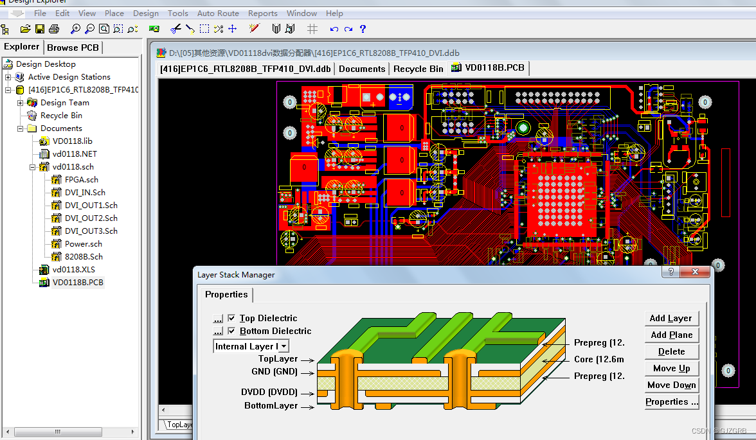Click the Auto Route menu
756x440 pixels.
point(218,13)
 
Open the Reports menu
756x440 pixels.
point(262,13)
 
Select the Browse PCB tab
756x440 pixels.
point(73,47)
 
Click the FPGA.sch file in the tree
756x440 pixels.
point(81,179)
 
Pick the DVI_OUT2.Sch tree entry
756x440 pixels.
point(91,218)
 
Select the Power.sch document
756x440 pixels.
point(83,243)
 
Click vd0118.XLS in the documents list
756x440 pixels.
point(73,269)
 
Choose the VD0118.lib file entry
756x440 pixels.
point(72,141)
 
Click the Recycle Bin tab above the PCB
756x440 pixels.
point(418,69)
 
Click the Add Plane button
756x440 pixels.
point(671,335)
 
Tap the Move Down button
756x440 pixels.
point(671,385)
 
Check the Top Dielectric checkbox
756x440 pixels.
point(232,318)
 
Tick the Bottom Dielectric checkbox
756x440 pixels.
point(232,331)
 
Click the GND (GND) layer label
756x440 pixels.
point(274,371)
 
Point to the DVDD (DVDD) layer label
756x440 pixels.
point(269,392)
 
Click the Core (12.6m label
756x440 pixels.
point(598,359)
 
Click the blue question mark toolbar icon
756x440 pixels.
point(363,29)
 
